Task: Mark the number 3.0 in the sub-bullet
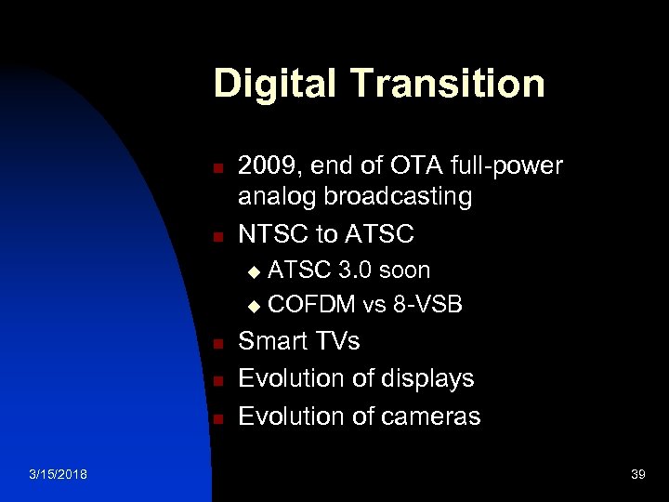[357, 271]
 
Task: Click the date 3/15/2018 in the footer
[59, 475]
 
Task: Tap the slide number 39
[637, 475]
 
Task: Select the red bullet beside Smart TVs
[216, 345]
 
